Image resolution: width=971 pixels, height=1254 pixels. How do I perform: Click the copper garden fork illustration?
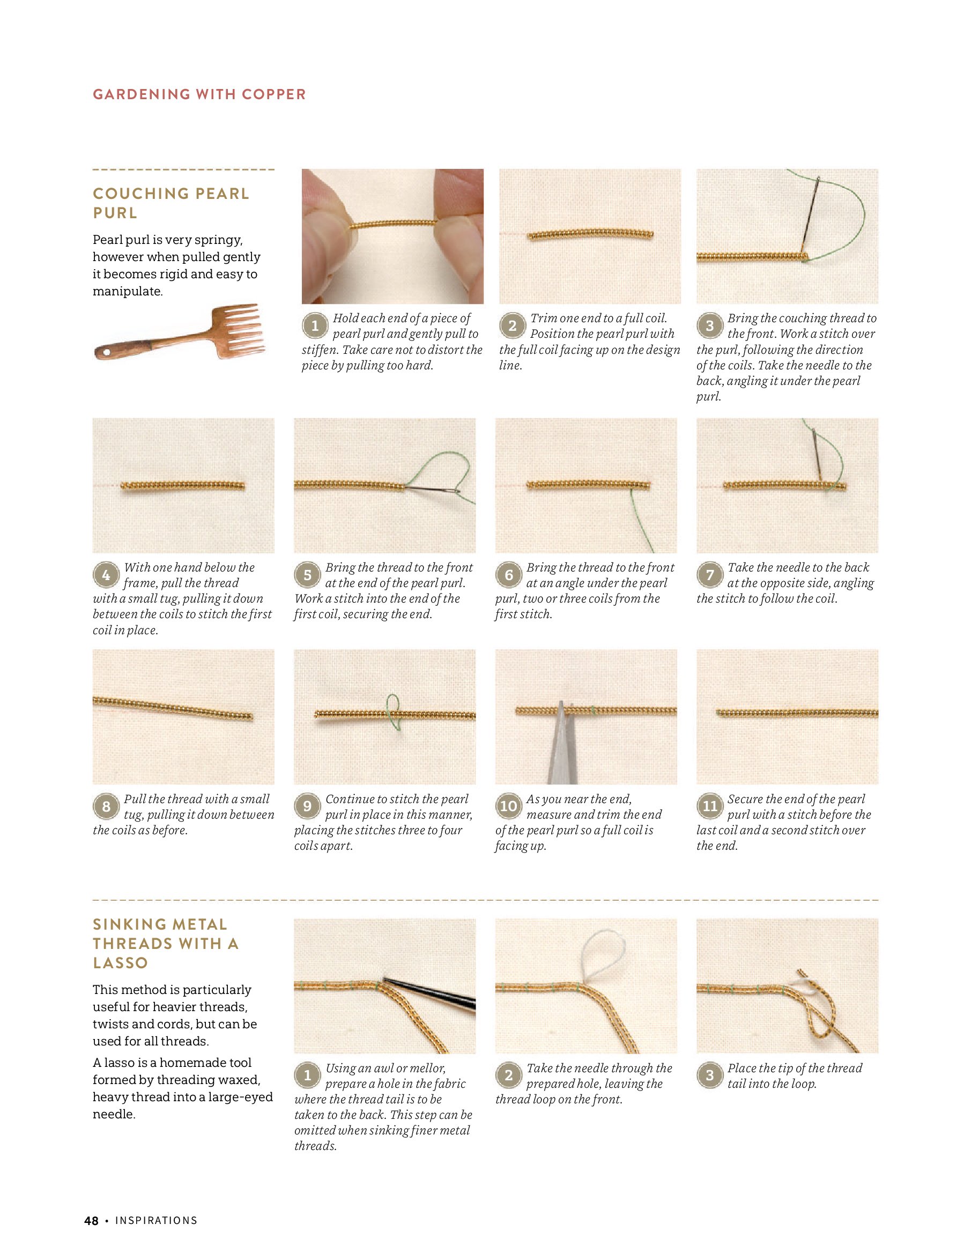(179, 332)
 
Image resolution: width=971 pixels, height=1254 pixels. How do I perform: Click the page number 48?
(91, 1221)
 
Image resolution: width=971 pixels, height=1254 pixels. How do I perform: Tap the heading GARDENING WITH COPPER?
(199, 94)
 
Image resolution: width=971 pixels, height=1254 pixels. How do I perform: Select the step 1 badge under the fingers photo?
(314, 326)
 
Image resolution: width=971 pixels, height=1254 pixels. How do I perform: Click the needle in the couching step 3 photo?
(810, 215)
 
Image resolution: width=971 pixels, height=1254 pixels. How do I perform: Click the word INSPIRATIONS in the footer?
(156, 1221)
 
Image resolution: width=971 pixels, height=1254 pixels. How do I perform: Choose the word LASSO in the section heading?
(121, 963)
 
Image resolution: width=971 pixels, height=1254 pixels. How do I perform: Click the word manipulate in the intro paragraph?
(128, 291)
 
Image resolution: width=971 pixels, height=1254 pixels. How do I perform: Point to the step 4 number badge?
(106, 575)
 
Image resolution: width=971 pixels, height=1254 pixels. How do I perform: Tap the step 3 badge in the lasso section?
(709, 1075)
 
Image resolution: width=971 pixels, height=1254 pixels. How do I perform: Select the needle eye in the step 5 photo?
(456, 491)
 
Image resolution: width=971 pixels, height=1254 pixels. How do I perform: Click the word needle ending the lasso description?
(113, 1115)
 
